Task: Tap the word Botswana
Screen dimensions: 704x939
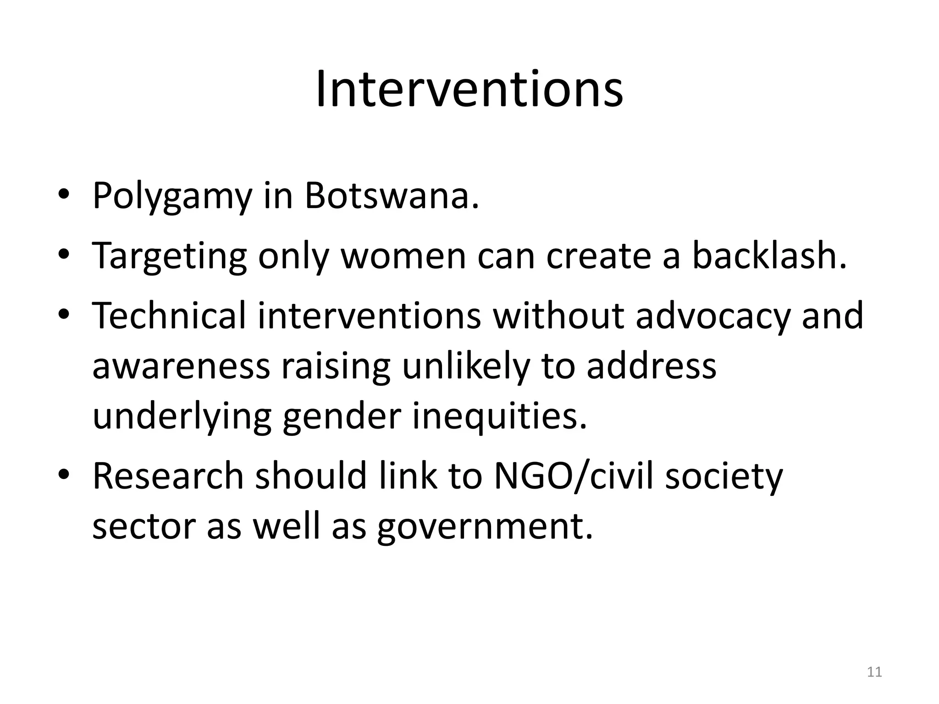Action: tap(392, 196)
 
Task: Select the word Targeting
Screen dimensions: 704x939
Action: tap(170, 257)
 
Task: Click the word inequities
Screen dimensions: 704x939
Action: tap(499, 416)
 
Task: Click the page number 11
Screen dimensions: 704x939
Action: tap(874, 672)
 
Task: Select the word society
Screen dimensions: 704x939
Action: tap(724, 477)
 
